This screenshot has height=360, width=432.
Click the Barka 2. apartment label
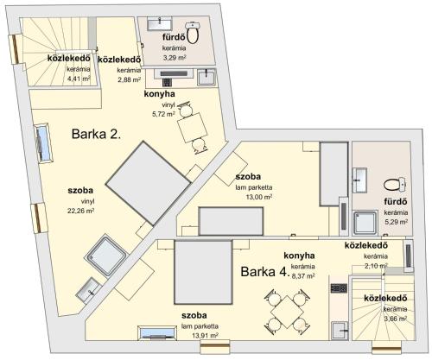point(96,134)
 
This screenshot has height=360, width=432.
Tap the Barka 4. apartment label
point(265,272)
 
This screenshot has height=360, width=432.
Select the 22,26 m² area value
point(81,211)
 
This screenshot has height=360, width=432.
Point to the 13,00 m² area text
point(259,197)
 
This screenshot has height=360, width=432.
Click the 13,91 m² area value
point(205,336)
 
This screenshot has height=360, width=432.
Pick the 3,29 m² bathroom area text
point(175,58)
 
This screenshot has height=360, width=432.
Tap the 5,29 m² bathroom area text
point(397,222)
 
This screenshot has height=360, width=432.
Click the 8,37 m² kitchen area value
point(303,276)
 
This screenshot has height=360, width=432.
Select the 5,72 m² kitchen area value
point(163,114)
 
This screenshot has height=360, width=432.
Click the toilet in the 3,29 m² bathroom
point(193,33)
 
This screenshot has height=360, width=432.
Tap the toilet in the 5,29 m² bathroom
point(395,184)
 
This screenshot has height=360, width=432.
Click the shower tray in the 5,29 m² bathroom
point(365,223)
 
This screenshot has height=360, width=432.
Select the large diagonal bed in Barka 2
point(149,183)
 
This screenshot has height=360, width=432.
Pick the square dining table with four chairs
point(287,312)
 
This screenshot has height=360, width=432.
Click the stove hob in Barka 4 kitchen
point(339,288)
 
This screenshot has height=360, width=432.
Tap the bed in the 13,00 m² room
point(231,221)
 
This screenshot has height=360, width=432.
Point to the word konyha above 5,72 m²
point(159,94)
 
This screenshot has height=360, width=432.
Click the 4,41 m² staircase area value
point(79,79)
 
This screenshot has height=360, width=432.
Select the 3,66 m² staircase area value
point(395,319)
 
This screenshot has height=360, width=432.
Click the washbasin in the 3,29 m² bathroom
point(160,23)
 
